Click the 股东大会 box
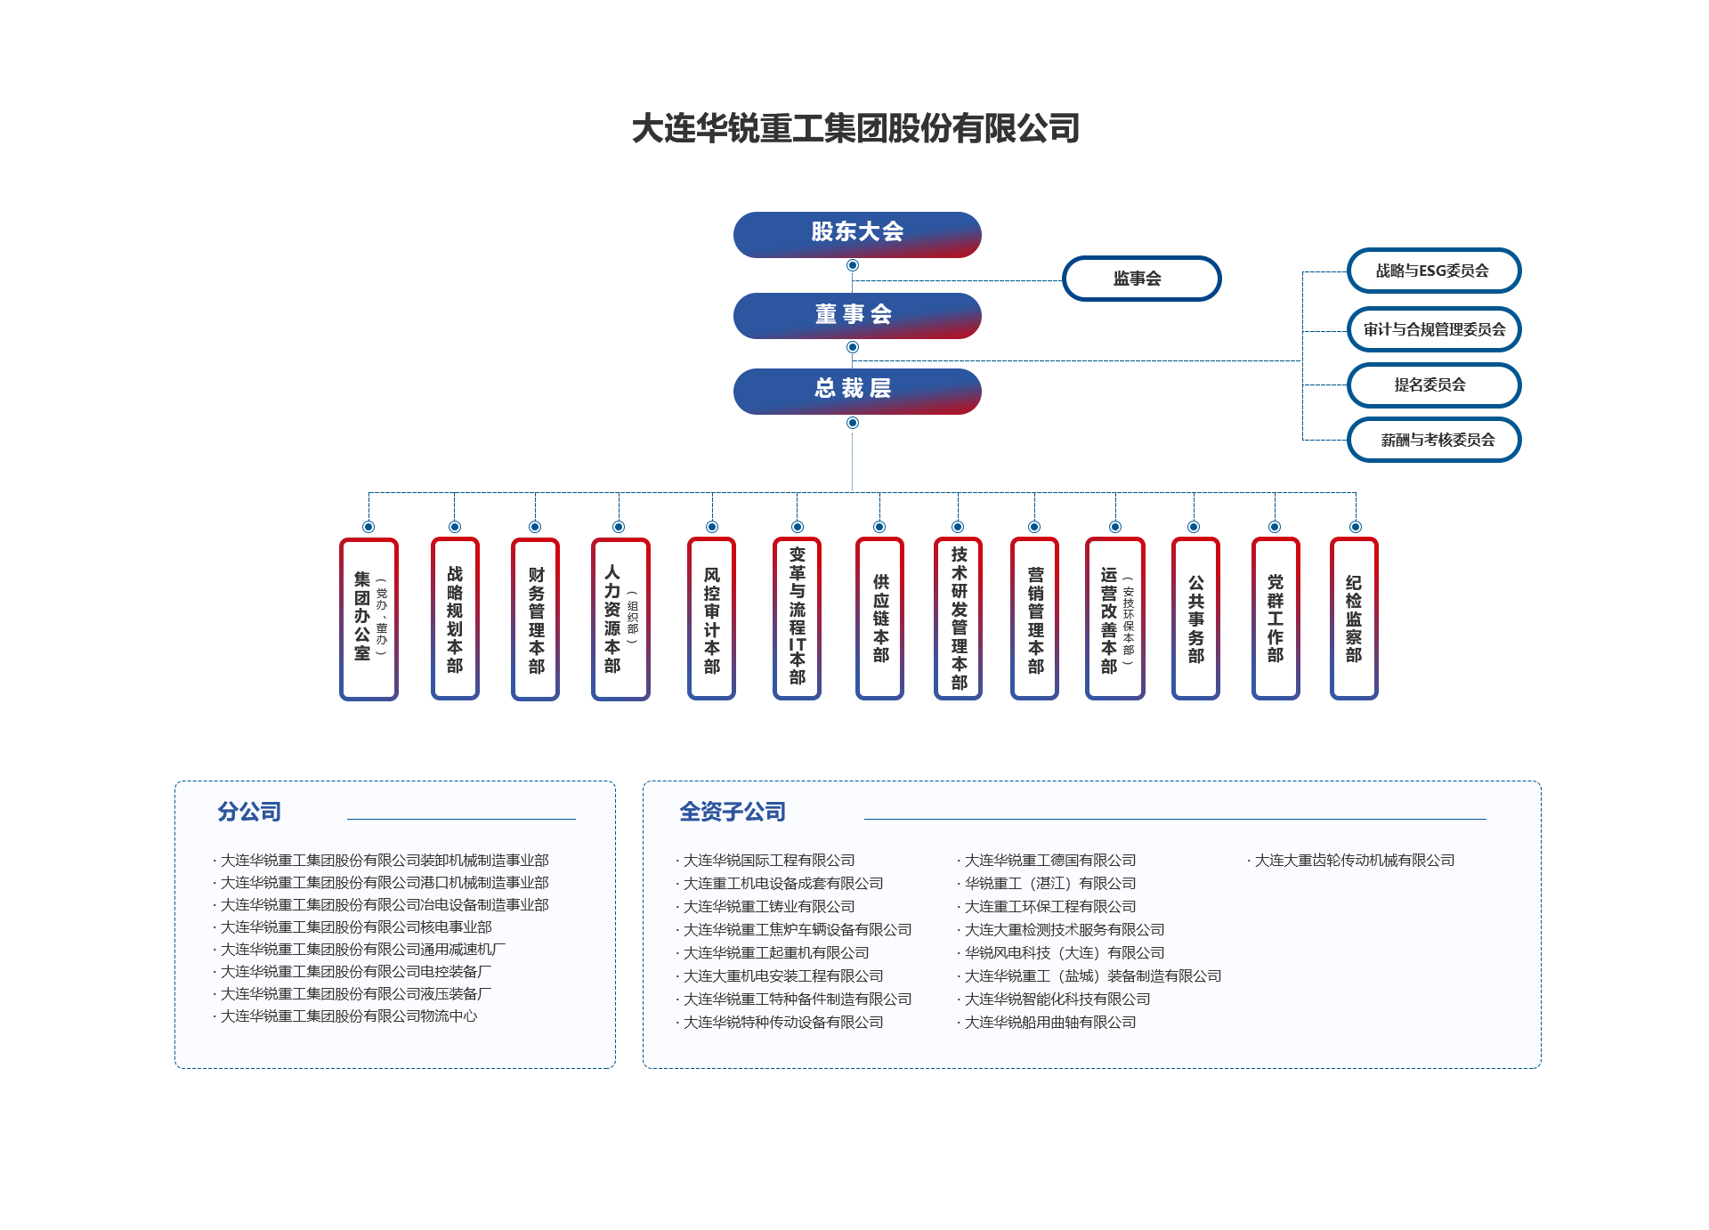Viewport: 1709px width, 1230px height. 856,234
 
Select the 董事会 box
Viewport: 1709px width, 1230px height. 856,315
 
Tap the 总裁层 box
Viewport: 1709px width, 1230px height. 856,391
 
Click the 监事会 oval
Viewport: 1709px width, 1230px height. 1140,279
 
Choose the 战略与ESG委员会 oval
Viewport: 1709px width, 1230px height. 1433,271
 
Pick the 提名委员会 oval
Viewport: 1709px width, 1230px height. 1433,385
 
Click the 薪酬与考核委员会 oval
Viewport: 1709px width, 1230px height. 1433,440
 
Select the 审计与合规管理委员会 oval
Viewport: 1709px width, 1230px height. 1433,329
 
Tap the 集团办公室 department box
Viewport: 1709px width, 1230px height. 369,619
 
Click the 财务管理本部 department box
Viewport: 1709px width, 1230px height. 535,619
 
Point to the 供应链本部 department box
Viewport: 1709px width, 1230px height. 879,619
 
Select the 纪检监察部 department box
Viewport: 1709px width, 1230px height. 1353,619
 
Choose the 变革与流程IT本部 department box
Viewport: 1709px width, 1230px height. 797,619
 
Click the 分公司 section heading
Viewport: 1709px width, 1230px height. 249,812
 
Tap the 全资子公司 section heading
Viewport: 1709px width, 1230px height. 732,812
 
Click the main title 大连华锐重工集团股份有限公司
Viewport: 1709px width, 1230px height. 855,128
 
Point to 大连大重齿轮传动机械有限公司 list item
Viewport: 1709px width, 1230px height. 1354,861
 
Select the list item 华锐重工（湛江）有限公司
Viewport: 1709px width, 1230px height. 1050,884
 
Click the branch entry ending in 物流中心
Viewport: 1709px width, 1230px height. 348,1016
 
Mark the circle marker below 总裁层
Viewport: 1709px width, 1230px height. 853,423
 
